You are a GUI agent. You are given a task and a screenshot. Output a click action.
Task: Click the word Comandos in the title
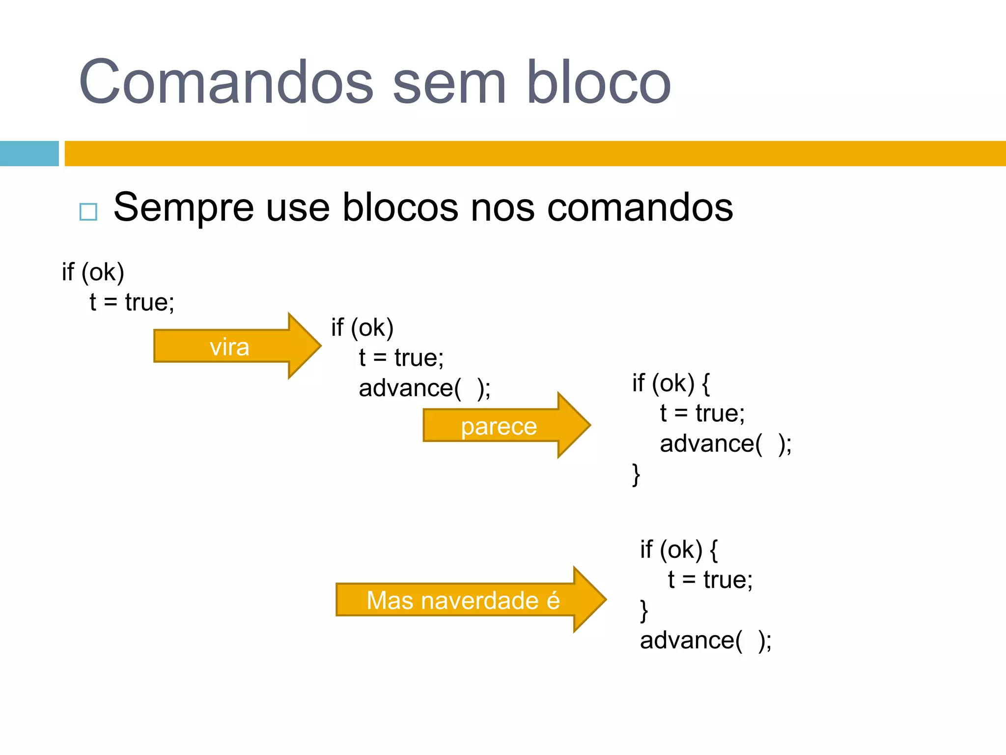[226, 82]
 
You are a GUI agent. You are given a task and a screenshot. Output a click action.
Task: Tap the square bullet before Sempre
[88, 212]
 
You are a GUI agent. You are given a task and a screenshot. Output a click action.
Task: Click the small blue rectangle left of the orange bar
[29, 153]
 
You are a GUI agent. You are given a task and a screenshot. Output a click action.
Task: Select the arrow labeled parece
[499, 426]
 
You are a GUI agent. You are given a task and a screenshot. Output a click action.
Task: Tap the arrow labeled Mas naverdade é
[463, 600]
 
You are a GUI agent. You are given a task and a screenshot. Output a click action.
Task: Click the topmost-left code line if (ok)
[93, 272]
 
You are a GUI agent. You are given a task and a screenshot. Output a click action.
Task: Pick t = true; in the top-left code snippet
[132, 302]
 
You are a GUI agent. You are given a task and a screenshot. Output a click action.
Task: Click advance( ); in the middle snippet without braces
[424, 388]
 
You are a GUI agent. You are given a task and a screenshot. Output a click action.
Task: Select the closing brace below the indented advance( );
[636, 475]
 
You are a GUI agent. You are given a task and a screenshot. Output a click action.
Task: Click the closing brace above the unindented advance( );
[644, 611]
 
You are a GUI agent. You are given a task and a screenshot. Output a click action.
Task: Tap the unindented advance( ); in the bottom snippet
[705, 640]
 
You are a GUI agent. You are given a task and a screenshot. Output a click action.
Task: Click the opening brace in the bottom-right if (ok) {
[714, 551]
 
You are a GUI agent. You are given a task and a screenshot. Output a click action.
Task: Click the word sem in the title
[449, 82]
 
